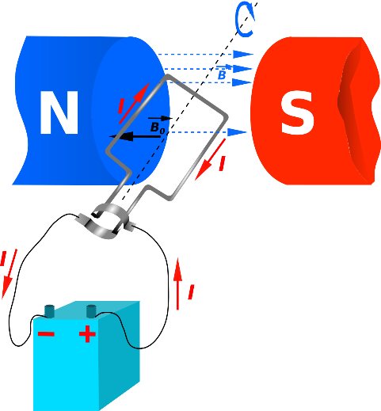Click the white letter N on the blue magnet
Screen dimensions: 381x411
click(x=59, y=112)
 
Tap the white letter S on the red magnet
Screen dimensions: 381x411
click(x=298, y=113)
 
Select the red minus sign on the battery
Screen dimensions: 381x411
click(x=46, y=334)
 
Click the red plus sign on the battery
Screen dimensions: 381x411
click(x=87, y=334)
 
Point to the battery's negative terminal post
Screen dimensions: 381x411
click(x=49, y=311)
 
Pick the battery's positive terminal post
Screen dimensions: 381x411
click(x=91, y=311)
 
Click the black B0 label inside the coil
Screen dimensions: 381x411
click(x=158, y=127)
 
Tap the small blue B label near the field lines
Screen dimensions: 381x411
click(x=222, y=75)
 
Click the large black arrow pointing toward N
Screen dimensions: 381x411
click(x=135, y=136)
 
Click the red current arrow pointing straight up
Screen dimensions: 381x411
click(x=177, y=284)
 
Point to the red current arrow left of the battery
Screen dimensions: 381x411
click(x=10, y=274)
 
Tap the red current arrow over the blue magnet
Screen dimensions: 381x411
click(x=135, y=103)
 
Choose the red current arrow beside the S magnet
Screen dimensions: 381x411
click(x=211, y=159)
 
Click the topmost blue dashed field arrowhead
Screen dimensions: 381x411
click(x=243, y=54)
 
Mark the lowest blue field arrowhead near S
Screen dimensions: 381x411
click(x=237, y=132)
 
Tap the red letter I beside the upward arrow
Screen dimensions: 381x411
click(x=191, y=292)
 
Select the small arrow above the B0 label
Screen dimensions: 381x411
click(x=160, y=118)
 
